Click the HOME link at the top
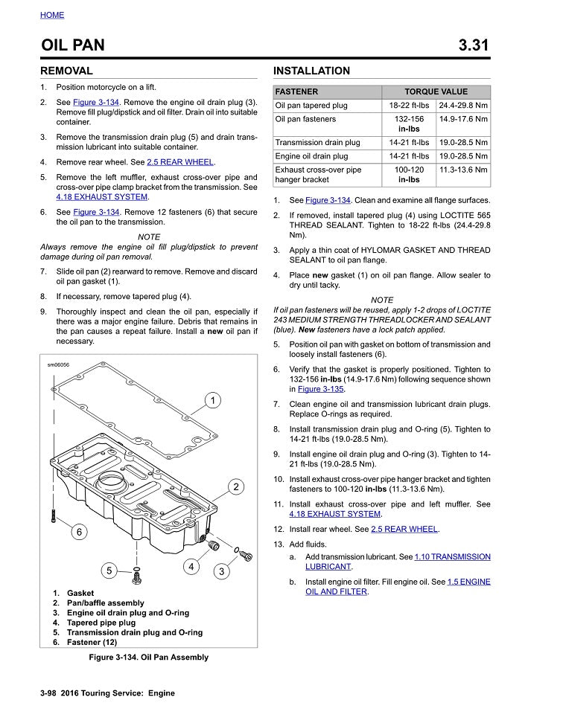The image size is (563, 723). click(x=52, y=15)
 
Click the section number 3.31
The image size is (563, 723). click(x=474, y=45)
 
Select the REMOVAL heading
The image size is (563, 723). click(x=66, y=71)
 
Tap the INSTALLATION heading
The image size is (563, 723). click(x=311, y=71)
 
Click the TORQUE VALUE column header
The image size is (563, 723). click(x=436, y=91)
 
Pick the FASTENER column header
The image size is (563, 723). click(x=296, y=91)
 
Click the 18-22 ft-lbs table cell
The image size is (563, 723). click(x=409, y=106)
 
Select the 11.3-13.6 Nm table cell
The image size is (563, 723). click(x=463, y=170)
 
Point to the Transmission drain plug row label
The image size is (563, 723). click(x=317, y=142)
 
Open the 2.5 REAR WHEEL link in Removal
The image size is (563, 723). click(x=180, y=162)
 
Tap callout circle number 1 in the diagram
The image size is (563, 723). click(x=212, y=401)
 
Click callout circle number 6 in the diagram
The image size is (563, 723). click(x=79, y=531)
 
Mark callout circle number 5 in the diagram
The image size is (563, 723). click(x=109, y=571)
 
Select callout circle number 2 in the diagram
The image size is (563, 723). click(x=235, y=487)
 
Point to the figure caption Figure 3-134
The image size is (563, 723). click(x=148, y=658)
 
